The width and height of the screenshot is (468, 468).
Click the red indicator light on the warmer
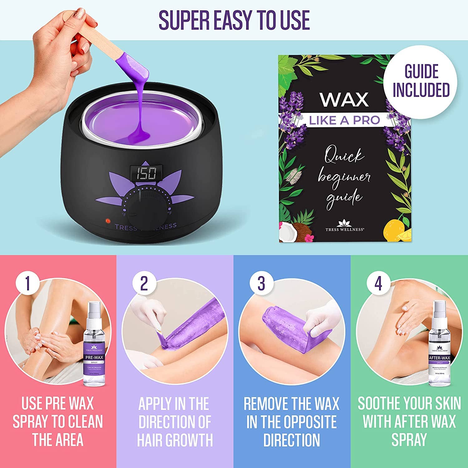[108, 221]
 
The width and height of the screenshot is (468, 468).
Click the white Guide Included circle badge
[421, 82]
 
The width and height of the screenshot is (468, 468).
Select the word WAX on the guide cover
[344, 100]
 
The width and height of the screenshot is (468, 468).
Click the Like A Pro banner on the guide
[344, 120]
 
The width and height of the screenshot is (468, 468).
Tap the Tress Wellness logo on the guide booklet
[344, 226]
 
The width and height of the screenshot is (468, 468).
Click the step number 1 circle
[27, 283]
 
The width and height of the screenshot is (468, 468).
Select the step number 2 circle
[144, 283]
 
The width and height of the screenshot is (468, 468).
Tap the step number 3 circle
[261, 283]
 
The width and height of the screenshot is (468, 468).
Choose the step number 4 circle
[378, 283]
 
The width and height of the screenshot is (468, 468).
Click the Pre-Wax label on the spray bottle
[94, 358]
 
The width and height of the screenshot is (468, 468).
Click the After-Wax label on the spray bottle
[439, 358]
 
